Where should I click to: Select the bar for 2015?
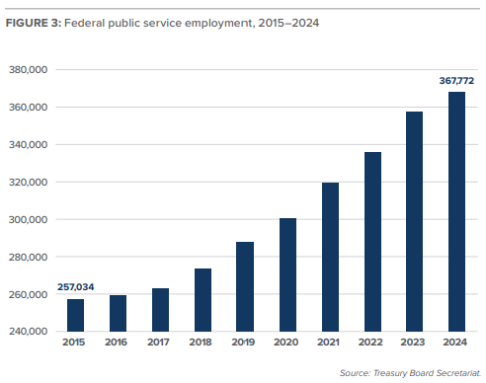[x=75, y=315]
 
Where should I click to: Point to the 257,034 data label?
[x=75, y=286]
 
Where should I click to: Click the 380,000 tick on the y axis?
[x=29, y=70]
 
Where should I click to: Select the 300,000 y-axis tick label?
[x=29, y=220]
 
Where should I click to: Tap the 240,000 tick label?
[x=29, y=333]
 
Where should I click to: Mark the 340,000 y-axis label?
[x=29, y=145]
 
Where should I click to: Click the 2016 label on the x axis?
[x=118, y=343]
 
